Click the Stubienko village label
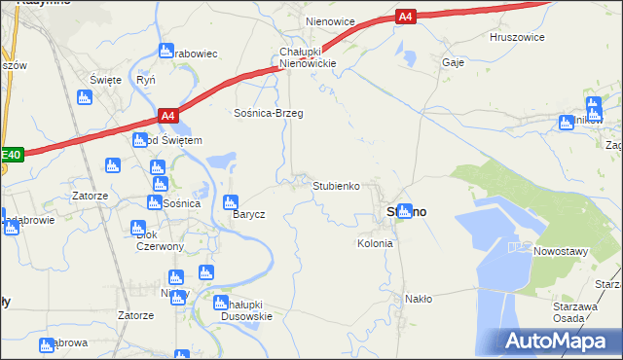click(337, 185)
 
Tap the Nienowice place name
click(330, 20)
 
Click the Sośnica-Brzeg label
click(269, 113)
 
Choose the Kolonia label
click(375, 243)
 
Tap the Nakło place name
click(419, 299)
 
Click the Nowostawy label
click(562, 251)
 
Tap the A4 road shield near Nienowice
click(407, 16)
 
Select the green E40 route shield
click(10, 154)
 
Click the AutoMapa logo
click(559, 342)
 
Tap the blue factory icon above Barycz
click(230, 202)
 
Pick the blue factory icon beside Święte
click(84, 97)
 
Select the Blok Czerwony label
click(161, 240)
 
